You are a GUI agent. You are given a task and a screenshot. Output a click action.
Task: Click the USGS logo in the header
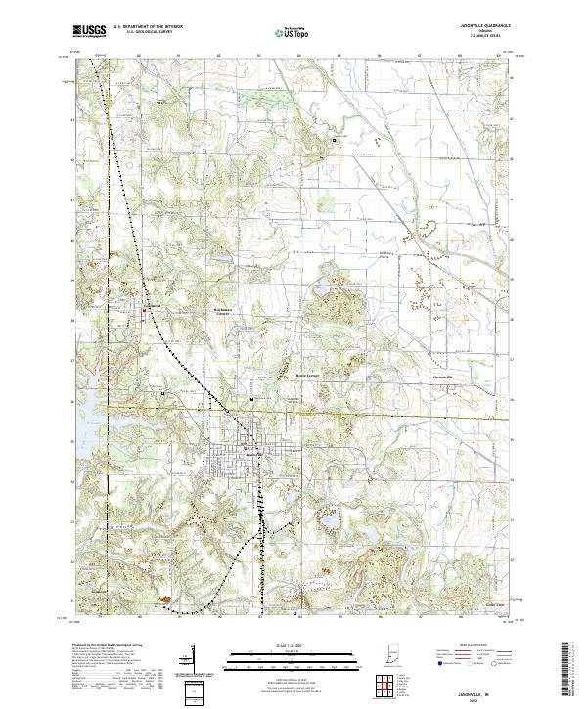coord(89,31)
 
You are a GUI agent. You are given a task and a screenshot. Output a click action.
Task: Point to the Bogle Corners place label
coord(308,375)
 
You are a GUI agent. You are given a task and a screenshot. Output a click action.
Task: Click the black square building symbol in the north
coord(335,141)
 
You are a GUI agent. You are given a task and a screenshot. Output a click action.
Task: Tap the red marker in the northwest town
coord(147,311)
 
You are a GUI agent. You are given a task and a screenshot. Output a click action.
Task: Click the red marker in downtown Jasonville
coord(258,453)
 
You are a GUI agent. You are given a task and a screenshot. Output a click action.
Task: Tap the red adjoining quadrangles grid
coord(384,687)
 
